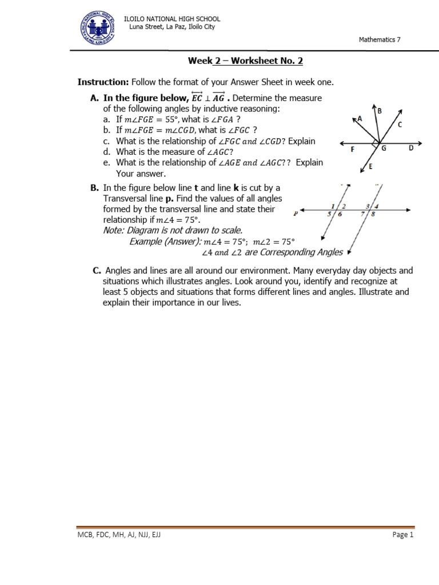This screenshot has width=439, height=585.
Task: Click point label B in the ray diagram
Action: [380, 110]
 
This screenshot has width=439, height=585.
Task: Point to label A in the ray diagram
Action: [360, 118]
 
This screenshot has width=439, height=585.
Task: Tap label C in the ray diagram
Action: [400, 124]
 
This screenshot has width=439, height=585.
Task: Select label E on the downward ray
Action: [370, 166]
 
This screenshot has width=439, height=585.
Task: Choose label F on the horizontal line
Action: [353, 150]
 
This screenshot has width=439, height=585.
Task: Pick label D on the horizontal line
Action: [410, 148]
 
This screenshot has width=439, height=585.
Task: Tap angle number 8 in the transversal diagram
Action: [373, 215]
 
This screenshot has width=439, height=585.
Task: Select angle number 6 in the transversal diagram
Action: [340, 215]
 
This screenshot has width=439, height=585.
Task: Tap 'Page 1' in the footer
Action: [402, 535]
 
